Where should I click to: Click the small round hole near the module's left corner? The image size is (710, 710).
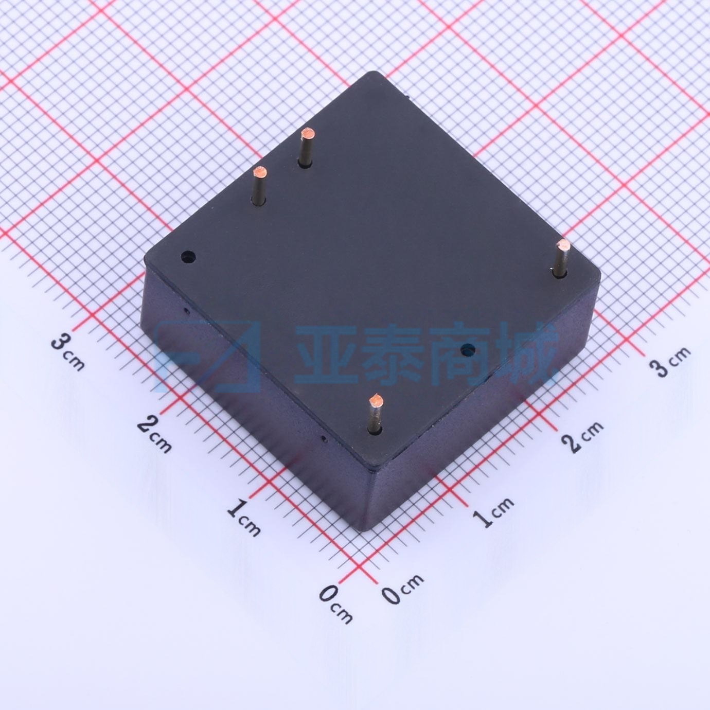(x=188, y=256)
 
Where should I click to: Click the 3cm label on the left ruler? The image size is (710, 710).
(x=68, y=352)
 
